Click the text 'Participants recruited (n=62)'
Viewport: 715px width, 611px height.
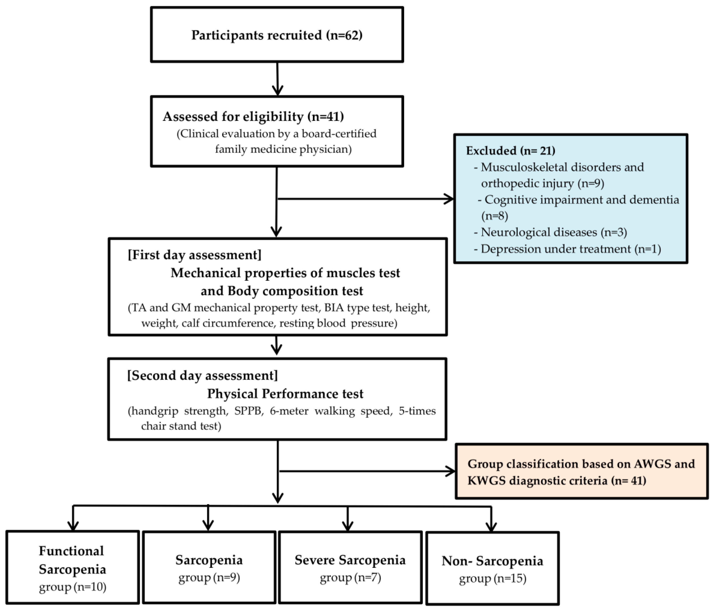277,35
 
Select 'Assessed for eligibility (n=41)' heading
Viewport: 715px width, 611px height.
253,117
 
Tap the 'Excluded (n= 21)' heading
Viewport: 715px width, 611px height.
510,150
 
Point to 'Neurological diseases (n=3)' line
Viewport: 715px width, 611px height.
554,232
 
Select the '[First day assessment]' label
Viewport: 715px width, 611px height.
195,255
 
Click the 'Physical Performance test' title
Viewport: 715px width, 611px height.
285,394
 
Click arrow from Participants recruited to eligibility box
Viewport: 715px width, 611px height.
278,79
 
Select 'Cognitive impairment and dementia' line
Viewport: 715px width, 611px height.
582,200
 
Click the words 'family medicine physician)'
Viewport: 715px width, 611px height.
283,149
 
